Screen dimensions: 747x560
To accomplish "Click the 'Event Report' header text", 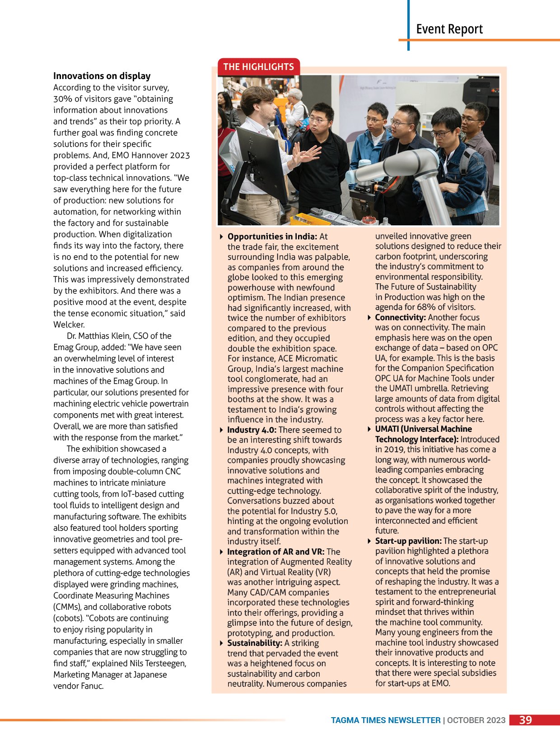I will coord(449,29).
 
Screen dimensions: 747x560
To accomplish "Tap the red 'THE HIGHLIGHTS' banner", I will coord(258,67).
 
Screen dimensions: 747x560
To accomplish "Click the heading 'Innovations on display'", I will coord(102,76).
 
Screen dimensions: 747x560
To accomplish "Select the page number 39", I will coord(525,720).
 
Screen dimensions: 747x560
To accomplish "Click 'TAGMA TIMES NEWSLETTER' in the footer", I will coord(385,720).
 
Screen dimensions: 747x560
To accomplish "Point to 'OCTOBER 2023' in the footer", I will coord(476,720).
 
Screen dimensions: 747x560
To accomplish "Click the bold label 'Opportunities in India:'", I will coord(272,237).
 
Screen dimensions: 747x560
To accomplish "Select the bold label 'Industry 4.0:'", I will coord(252,430).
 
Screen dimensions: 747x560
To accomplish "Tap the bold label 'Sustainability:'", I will coord(255,643).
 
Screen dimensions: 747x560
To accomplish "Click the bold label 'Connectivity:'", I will coord(400,317).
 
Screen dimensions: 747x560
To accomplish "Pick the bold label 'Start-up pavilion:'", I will coord(408,541).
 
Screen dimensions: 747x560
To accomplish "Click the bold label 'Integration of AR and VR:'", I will coord(275,552).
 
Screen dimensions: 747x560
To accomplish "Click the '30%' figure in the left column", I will coord(63,99).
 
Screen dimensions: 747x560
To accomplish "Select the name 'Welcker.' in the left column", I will coord(69,325).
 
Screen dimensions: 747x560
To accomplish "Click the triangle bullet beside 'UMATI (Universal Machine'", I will coord(369,429).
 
